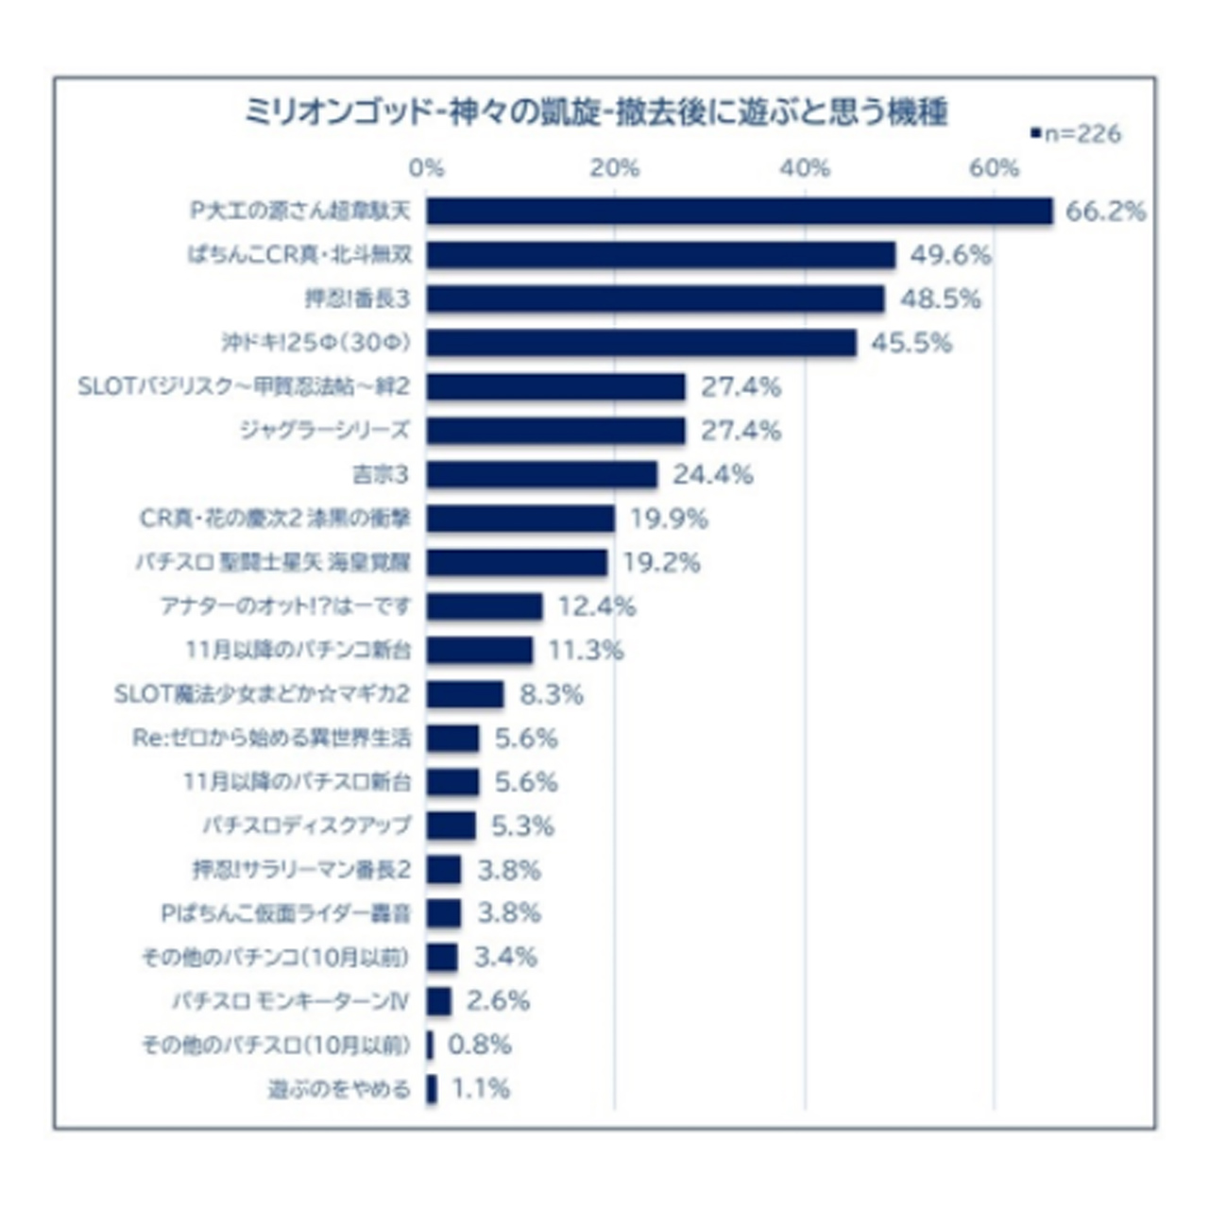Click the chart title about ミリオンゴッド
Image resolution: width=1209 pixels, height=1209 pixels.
pos(595,112)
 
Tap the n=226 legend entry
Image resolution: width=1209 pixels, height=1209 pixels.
pos(1077,135)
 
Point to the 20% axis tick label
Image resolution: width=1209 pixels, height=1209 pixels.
pos(615,168)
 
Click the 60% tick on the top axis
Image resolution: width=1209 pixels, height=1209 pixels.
pos(994,168)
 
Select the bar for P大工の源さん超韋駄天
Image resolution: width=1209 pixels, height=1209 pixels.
pos(739,211)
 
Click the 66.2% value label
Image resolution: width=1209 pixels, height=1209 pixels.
pos(1105,211)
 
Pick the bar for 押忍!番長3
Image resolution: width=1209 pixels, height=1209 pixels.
pos(655,298)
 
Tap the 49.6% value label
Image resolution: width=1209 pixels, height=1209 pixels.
pos(950,255)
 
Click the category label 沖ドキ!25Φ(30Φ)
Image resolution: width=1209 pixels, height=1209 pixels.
pos(316,343)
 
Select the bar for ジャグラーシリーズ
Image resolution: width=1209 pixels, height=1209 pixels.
pos(555,431)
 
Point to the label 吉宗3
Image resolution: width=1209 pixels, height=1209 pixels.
pos(381,474)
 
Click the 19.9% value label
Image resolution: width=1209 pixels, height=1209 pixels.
pos(669,519)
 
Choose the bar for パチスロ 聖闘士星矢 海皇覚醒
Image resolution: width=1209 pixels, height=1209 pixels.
pos(517,562)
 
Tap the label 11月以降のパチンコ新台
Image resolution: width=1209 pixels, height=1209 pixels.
pos(298,650)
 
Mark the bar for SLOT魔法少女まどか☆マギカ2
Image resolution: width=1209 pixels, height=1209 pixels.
pos(465,694)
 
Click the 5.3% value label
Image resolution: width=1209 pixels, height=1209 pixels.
pos(522,826)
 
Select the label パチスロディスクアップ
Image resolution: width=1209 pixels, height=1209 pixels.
pos(307,826)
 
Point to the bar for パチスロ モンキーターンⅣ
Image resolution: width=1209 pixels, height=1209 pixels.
pos(438,1001)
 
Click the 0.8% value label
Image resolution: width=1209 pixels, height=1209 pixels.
pos(479,1045)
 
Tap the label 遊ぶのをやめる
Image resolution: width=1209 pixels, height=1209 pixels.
pos(339,1089)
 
